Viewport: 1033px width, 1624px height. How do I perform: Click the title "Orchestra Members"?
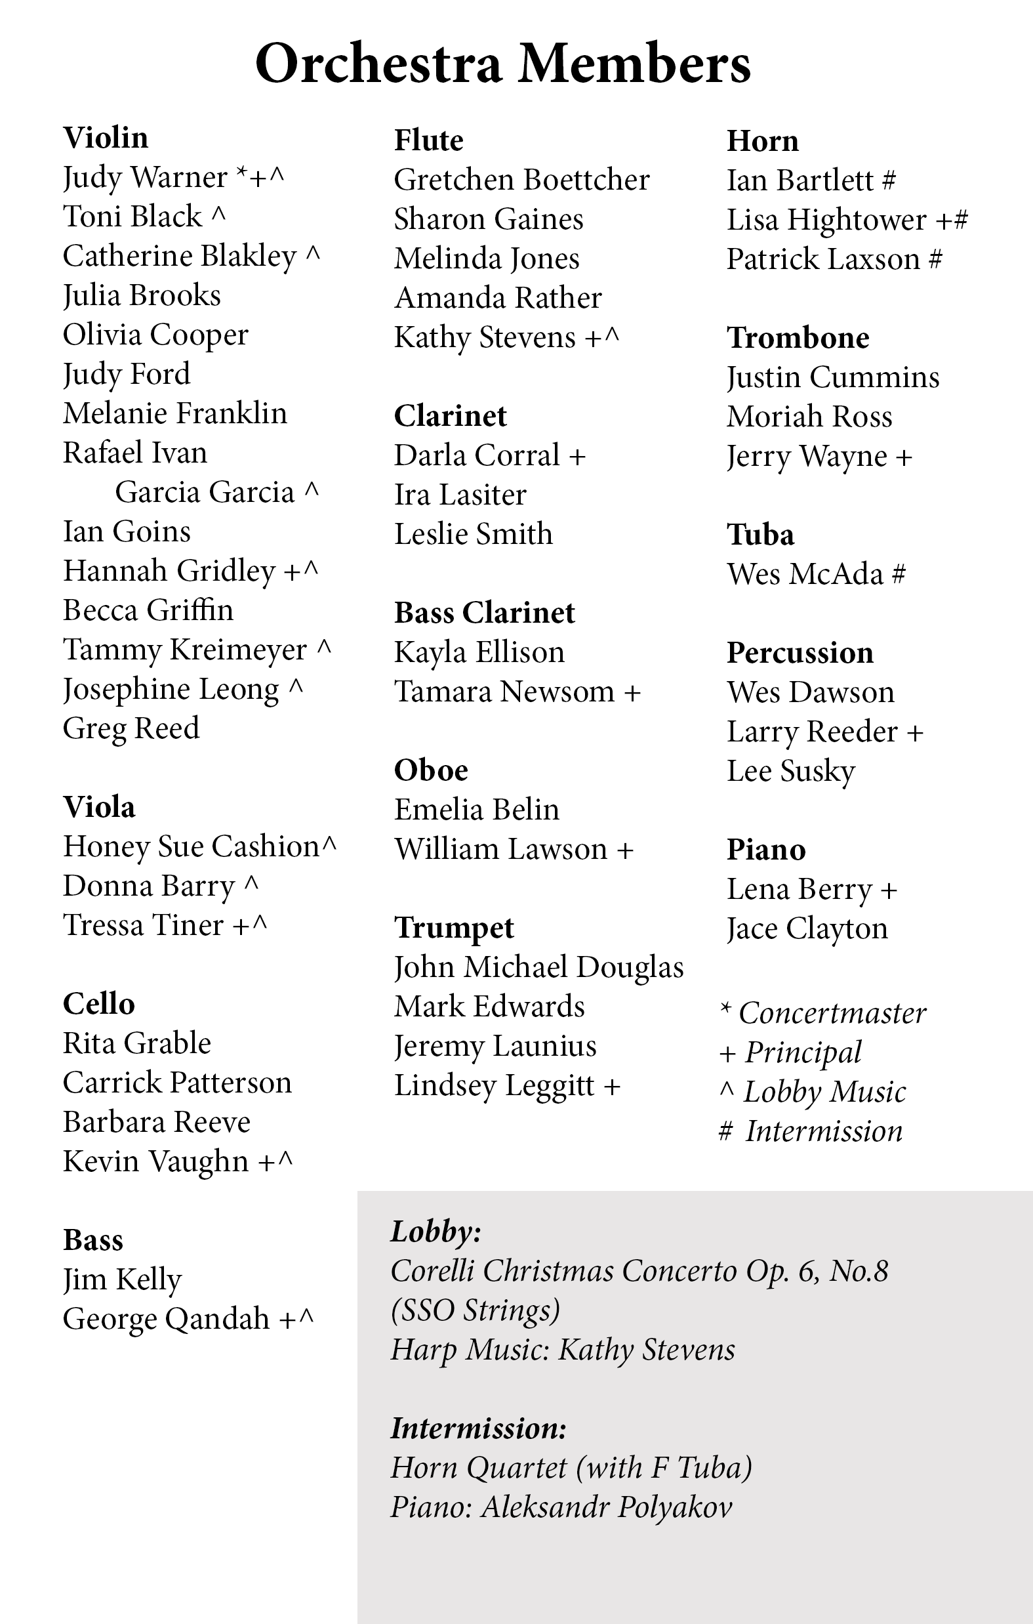(x=502, y=64)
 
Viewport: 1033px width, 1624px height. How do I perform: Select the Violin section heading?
(x=105, y=138)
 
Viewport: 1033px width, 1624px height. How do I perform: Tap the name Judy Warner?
(x=145, y=178)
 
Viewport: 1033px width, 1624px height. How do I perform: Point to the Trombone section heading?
(x=798, y=338)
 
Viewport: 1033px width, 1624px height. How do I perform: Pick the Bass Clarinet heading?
(x=484, y=613)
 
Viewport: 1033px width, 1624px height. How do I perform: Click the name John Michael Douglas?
(x=538, y=968)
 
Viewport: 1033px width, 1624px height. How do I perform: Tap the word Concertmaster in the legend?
(x=832, y=1014)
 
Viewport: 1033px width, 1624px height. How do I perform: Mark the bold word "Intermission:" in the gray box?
(x=478, y=1428)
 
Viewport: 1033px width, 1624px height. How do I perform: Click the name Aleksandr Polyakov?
(x=606, y=1507)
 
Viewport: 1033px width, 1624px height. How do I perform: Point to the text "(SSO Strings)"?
(x=476, y=1310)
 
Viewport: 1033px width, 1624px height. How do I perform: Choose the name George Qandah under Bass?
(x=166, y=1319)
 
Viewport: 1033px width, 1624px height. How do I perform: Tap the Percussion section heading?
(x=800, y=653)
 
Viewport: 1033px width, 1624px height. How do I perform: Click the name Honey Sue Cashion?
(x=191, y=847)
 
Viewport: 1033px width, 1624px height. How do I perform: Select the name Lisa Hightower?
(x=826, y=220)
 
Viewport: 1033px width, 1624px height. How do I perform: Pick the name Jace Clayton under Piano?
(x=807, y=929)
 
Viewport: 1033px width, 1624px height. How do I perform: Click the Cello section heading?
(x=98, y=1004)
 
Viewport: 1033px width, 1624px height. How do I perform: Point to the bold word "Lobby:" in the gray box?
(x=435, y=1232)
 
